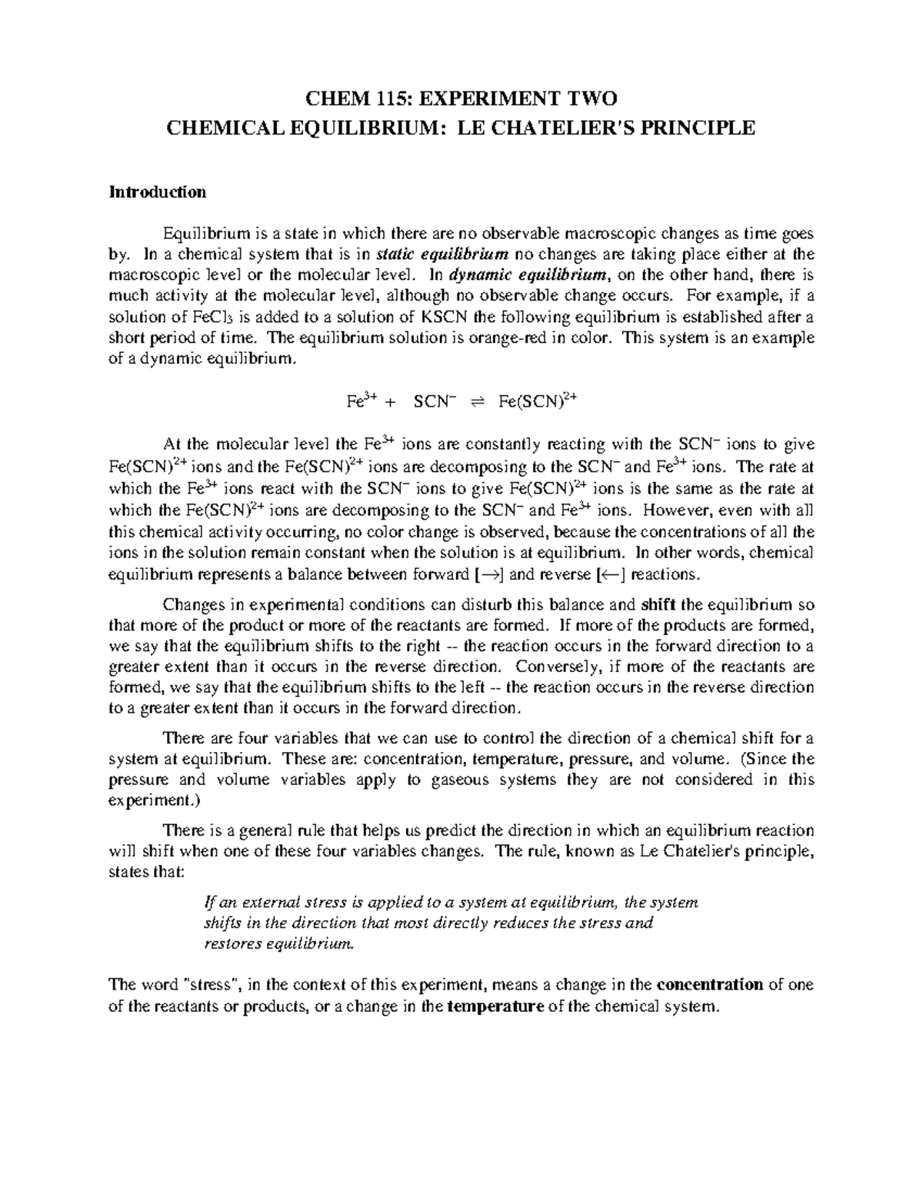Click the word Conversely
[x=556, y=667]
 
